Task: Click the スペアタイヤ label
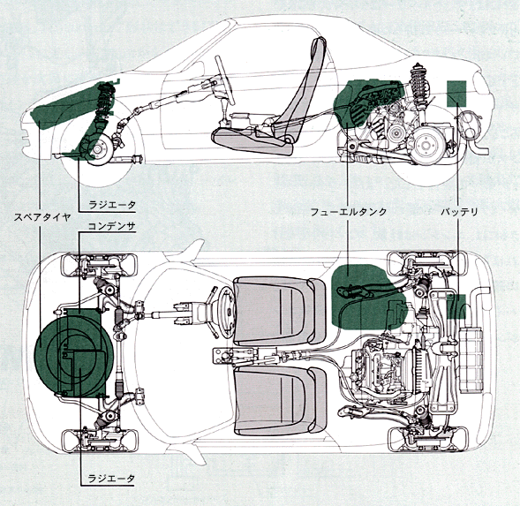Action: coord(42,217)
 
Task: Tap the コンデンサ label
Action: coord(112,226)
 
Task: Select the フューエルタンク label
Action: coord(349,212)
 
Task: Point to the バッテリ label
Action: coord(459,212)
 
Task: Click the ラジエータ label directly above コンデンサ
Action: coord(112,205)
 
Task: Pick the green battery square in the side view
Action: coord(456,94)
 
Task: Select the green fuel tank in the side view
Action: coord(365,102)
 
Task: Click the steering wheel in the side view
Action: coord(225,80)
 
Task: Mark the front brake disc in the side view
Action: coord(97,149)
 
